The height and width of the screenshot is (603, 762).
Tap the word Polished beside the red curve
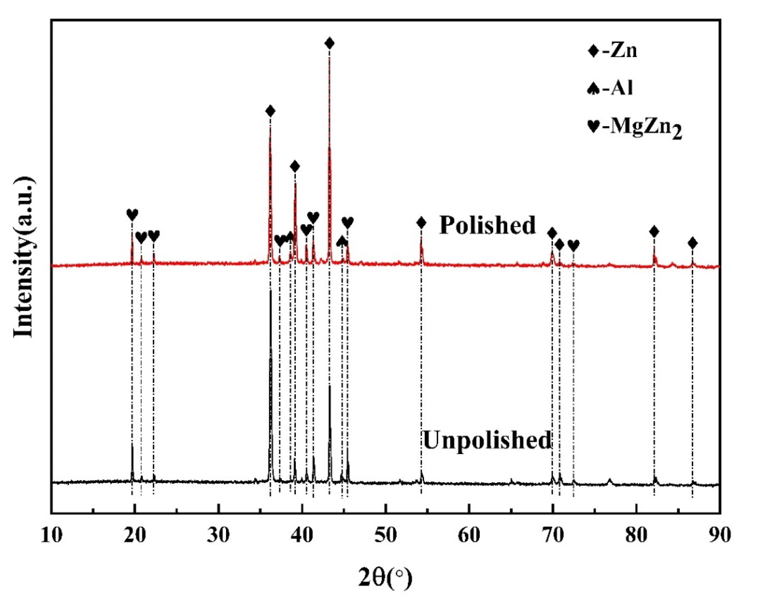point(487,225)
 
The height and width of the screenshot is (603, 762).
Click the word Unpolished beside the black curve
point(487,440)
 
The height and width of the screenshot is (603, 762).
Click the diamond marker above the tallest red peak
point(330,43)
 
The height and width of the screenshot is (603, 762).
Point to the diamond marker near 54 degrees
point(421,223)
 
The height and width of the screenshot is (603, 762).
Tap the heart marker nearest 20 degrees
point(132,214)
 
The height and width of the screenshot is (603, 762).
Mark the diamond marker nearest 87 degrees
point(693,243)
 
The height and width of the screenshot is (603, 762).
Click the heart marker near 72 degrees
point(573,245)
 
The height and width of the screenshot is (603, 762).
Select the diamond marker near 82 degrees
point(654,231)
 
